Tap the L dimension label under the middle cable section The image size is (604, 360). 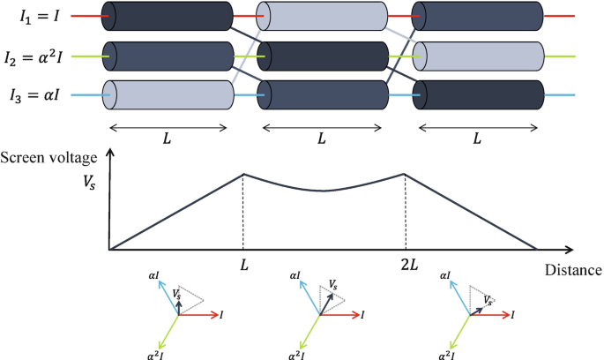pos(321,139)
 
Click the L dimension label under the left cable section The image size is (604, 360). pos(166,139)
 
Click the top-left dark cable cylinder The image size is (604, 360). pos(168,16)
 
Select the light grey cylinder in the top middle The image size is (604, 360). pos(322,16)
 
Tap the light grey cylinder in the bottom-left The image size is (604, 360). pos(168,94)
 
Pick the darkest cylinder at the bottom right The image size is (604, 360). pos(478,94)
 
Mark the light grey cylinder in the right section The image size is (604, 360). pos(478,55)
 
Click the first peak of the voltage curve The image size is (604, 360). pos(243,174)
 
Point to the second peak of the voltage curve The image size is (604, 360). pos(405,174)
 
